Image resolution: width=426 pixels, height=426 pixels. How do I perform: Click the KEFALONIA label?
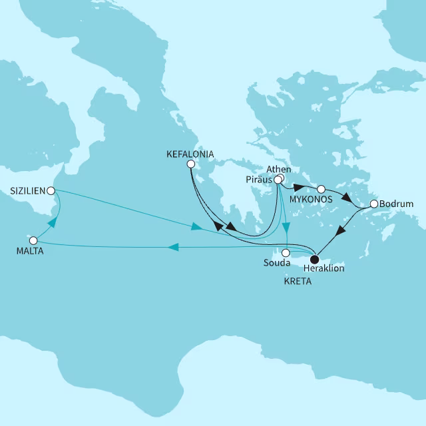pyautogui.click(x=190, y=154)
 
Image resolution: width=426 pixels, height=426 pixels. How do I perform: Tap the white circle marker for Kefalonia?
pyautogui.click(x=190, y=164)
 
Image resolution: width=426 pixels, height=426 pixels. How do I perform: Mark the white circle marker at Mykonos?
pyautogui.click(x=321, y=189)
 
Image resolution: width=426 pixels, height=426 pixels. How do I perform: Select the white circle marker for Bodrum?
pyautogui.click(x=373, y=204)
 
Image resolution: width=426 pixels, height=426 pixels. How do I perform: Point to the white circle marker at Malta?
pyautogui.click(x=33, y=239)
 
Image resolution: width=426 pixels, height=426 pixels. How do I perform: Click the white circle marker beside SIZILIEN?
pyautogui.click(x=51, y=190)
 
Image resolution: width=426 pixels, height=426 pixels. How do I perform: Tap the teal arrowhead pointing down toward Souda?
pyautogui.click(x=284, y=227)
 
